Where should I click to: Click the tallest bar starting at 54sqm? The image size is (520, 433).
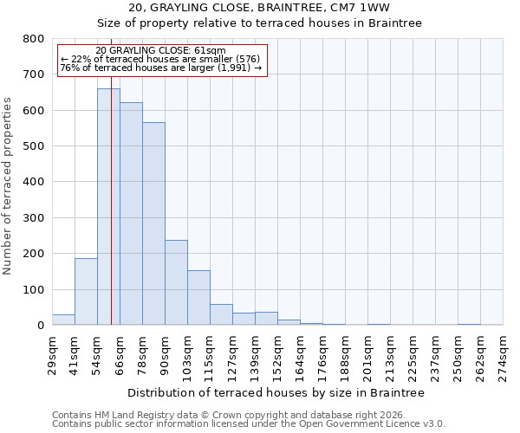[x=108, y=208]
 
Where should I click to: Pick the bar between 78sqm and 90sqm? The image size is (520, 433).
[x=153, y=223]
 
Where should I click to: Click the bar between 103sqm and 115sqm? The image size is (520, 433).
[x=198, y=298]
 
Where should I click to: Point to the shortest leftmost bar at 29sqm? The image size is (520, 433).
[x=63, y=320]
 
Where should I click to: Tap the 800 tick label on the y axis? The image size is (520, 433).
[x=34, y=39]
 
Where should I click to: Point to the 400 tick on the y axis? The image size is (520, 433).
[x=34, y=182]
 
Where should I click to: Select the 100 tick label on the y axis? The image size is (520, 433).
[x=34, y=289]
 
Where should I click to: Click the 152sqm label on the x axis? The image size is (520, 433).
[x=277, y=353]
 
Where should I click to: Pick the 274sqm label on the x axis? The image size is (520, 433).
[x=503, y=353]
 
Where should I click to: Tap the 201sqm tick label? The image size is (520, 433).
[x=367, y=353]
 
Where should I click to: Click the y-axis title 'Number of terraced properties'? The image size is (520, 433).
[x=9, y=182]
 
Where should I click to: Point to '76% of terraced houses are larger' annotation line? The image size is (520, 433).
[x=161, y=68]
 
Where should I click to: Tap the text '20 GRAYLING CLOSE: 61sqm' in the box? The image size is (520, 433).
[x=160, y=50]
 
